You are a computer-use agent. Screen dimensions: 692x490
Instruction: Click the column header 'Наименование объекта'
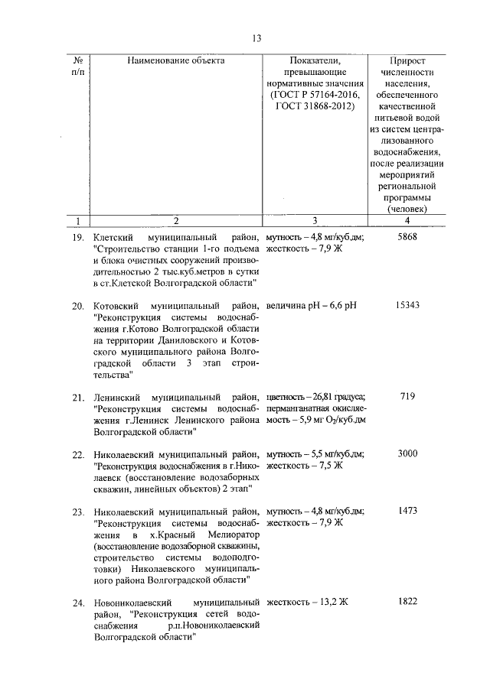click(x=175, y=61)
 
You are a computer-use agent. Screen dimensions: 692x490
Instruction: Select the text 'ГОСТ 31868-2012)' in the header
click(x=315, y=106)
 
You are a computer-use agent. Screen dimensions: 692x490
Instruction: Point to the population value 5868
click(x=407, y=237)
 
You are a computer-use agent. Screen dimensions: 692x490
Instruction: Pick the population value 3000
click(x=407, y=453)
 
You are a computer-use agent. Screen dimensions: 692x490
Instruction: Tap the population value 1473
click(x=407, y=508)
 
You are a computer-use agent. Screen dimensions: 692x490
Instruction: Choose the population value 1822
click(x=407, y=602)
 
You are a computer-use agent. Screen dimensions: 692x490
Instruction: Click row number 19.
click(x=77, y=238)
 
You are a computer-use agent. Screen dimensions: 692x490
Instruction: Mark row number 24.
click(x=77, y=603)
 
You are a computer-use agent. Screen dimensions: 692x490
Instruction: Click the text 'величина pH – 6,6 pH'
click(x=312, y=306)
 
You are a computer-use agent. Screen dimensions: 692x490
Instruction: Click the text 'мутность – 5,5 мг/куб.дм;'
click(x=315, y=454)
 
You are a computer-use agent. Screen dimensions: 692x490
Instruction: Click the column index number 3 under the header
click(x=315, y=221)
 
